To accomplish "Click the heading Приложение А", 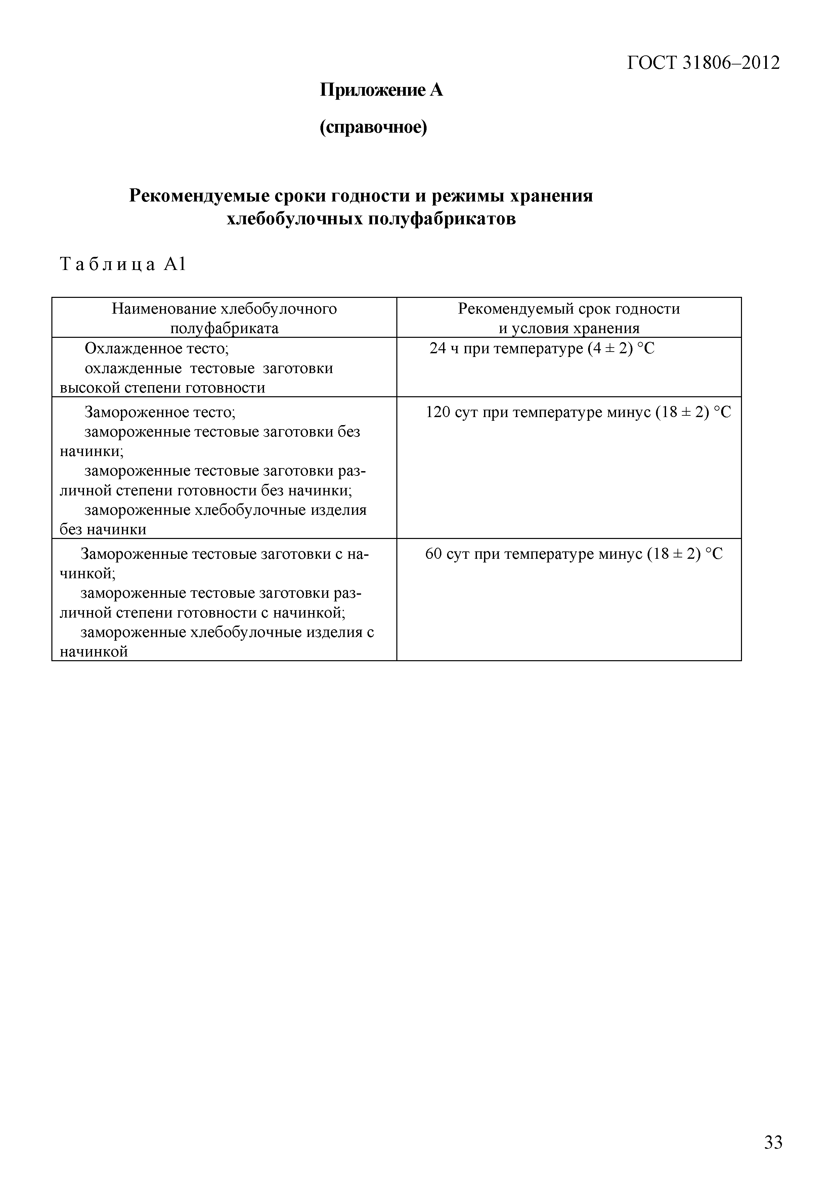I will [381, 90].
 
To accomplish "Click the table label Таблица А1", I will [123, 264].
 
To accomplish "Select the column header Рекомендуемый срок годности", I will [568, 309].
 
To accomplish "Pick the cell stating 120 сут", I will [578, 412].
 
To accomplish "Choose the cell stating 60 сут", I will [573, 554].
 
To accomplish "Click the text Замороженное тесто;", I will [160, 412].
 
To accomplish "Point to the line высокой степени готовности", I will [162, 388].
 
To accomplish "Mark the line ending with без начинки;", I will [205, 491].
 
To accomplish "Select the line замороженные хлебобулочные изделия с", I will [227, 633].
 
